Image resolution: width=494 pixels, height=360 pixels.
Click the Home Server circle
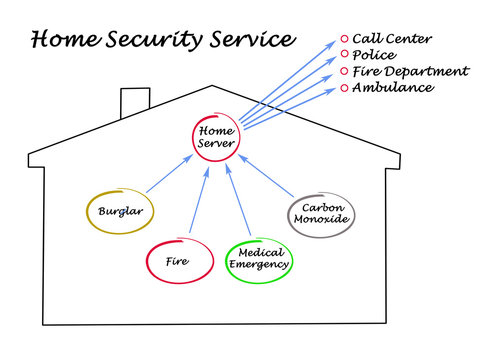point(216,137)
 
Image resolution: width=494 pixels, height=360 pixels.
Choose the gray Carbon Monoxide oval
point(320,213)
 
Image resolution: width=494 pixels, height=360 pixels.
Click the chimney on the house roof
point(134,101)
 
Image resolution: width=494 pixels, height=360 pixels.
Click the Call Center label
point(392,39)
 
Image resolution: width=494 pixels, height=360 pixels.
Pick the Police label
point(376,55)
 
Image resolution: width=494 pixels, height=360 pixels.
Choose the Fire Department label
point(410,71)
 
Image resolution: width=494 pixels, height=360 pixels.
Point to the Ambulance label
point(393,87)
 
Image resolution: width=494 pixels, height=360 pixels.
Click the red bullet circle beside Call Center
point(345,39)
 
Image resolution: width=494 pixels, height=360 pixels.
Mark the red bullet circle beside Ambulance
point(345,88)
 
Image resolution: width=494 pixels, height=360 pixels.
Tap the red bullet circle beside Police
point(345,55)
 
